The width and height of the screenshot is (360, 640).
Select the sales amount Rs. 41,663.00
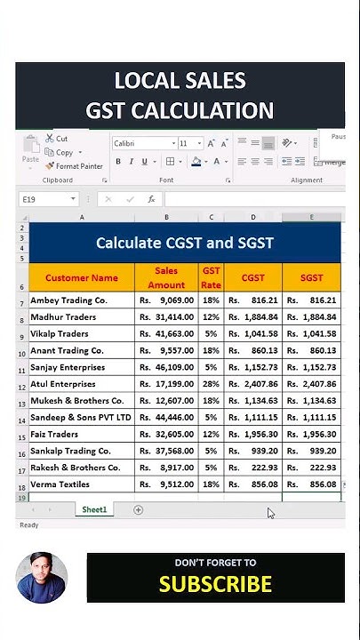[x=166, y=333]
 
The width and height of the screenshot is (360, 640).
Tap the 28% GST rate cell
[x=211, y=384]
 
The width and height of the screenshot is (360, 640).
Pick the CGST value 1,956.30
[x=252, y=434]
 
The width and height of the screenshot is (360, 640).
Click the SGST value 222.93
[x=311, y=468]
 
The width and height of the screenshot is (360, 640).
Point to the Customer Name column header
[x=82, y=277]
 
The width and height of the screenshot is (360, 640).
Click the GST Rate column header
[x=211, y=277]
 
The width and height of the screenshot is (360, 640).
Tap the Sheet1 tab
[x=94, y=509]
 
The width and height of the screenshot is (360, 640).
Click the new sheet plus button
[x=138, y=509]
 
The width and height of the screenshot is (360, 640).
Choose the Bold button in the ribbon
[x=118, y=162]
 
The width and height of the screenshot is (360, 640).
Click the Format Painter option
[x=75, y=166]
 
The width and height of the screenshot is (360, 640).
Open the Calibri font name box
[x=142, y=143]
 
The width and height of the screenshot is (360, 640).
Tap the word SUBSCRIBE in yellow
[x=215, y=584]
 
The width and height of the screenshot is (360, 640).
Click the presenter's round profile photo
[x=42, y=578]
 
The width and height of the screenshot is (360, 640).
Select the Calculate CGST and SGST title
[x=185, y=243]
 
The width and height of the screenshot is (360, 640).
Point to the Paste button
[x=31, y=151]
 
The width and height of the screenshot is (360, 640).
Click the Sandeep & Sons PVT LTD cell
[x=81, y=417]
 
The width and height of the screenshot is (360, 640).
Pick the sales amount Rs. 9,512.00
[x=166, y=484]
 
